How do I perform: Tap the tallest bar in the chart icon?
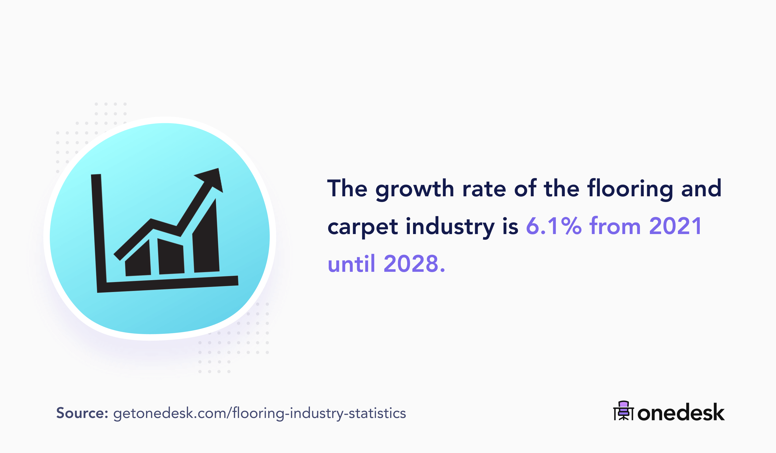pyautogui.click(x=206, y=243)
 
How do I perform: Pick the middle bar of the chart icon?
pyautogui.click(x=171, y=258)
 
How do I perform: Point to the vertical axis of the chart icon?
pyautogui.click(x=99, y=231)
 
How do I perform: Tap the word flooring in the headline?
pyautogui.click(x=630, y=188)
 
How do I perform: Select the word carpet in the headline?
pyautogui.click(x=362, y=227)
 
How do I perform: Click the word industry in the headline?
pyautogui.click(x=450, y=227)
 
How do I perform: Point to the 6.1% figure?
pyautogui.click(x=553, y=226)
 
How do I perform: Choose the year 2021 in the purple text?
pyautogui.click(x=675, y=226)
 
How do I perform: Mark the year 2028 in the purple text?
pyautogui.click(x=411, y=264)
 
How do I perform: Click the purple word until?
pyautogui.click(x=351, y=264)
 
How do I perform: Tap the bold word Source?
pyautogui.click(x=82, y=413)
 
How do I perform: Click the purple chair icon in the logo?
pyautogui.click(x=623, y=410)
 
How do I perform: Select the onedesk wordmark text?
pyautogui.click(x=681, y=413)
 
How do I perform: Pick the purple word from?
pyautogui.click(x=615, y=226)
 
